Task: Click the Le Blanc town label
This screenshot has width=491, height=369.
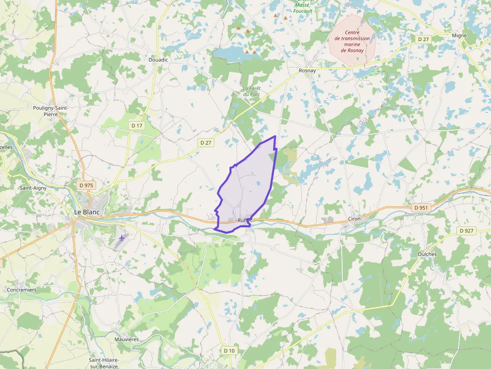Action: pos(87,212)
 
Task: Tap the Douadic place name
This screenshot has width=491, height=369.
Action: pos(158,60)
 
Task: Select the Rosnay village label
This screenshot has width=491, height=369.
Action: pos(307,71)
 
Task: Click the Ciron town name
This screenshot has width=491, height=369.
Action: pos(354,219)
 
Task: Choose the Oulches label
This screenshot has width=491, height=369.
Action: pos(427,254)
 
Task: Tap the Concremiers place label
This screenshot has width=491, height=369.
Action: pos(22,290)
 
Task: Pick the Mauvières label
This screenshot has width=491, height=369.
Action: pos(126,339)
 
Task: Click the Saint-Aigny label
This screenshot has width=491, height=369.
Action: pos(33,188)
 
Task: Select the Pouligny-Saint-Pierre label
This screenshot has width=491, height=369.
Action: pos(50,111)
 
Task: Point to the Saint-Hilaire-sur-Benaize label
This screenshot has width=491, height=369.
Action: pos(104,363)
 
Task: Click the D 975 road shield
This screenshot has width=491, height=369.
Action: pos(86,185)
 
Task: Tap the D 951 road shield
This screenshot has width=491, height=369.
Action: pos(421,207)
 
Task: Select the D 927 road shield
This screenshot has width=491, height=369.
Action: pos(467,230)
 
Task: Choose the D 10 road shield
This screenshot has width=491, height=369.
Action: pos(229,350)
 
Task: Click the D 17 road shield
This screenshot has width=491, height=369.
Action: pos(136,125)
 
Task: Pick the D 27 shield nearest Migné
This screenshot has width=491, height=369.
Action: pos(423,39)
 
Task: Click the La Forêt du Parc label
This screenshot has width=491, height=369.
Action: pos(252,91)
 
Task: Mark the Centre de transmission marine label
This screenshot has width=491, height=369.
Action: pos(352,42)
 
